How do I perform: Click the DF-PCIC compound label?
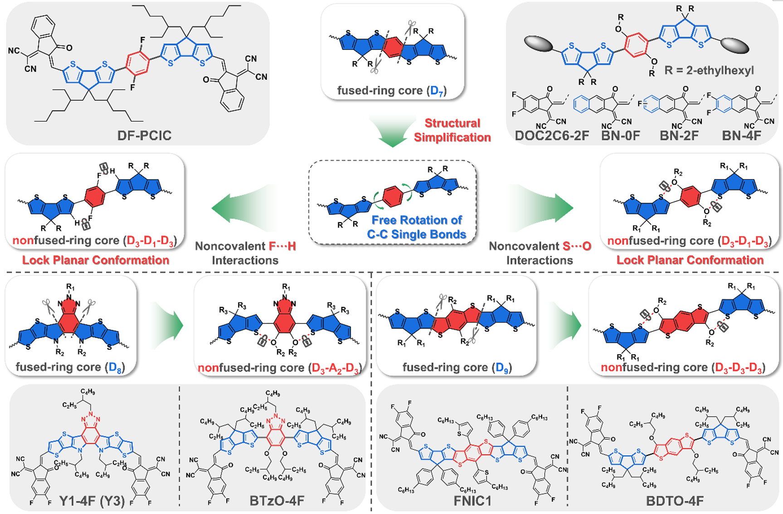pyautogui.click(x=144, y=135)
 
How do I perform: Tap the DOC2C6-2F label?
pyautogui.click(x=552, y=135)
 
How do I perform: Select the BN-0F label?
pyautogui.click(x=620, y=135)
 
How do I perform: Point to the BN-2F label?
pyautogui.click(x=679, y=135)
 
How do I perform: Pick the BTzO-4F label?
pyautogui.click(x=277, y=501)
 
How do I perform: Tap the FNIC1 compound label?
pyautogui.click(x=472, y=501)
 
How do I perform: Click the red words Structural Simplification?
pyautogui.click(x=452, y=130)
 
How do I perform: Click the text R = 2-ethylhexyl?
pyautogui.click(x=709, y=70)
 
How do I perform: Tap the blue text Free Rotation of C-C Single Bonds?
pyautogui.click(x=417, y=227)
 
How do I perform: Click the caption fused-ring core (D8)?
pyautogui.click(x=70, y=367)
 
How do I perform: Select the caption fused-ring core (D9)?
pyautogui.click(x=457, y=367)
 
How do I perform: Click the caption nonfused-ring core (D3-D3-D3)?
pyautogui.click(x=683, y=367)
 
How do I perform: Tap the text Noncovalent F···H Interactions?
pyautogui.click(x=245, y=253)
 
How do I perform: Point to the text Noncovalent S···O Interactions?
pyautogui.click(x=540, y=253)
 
